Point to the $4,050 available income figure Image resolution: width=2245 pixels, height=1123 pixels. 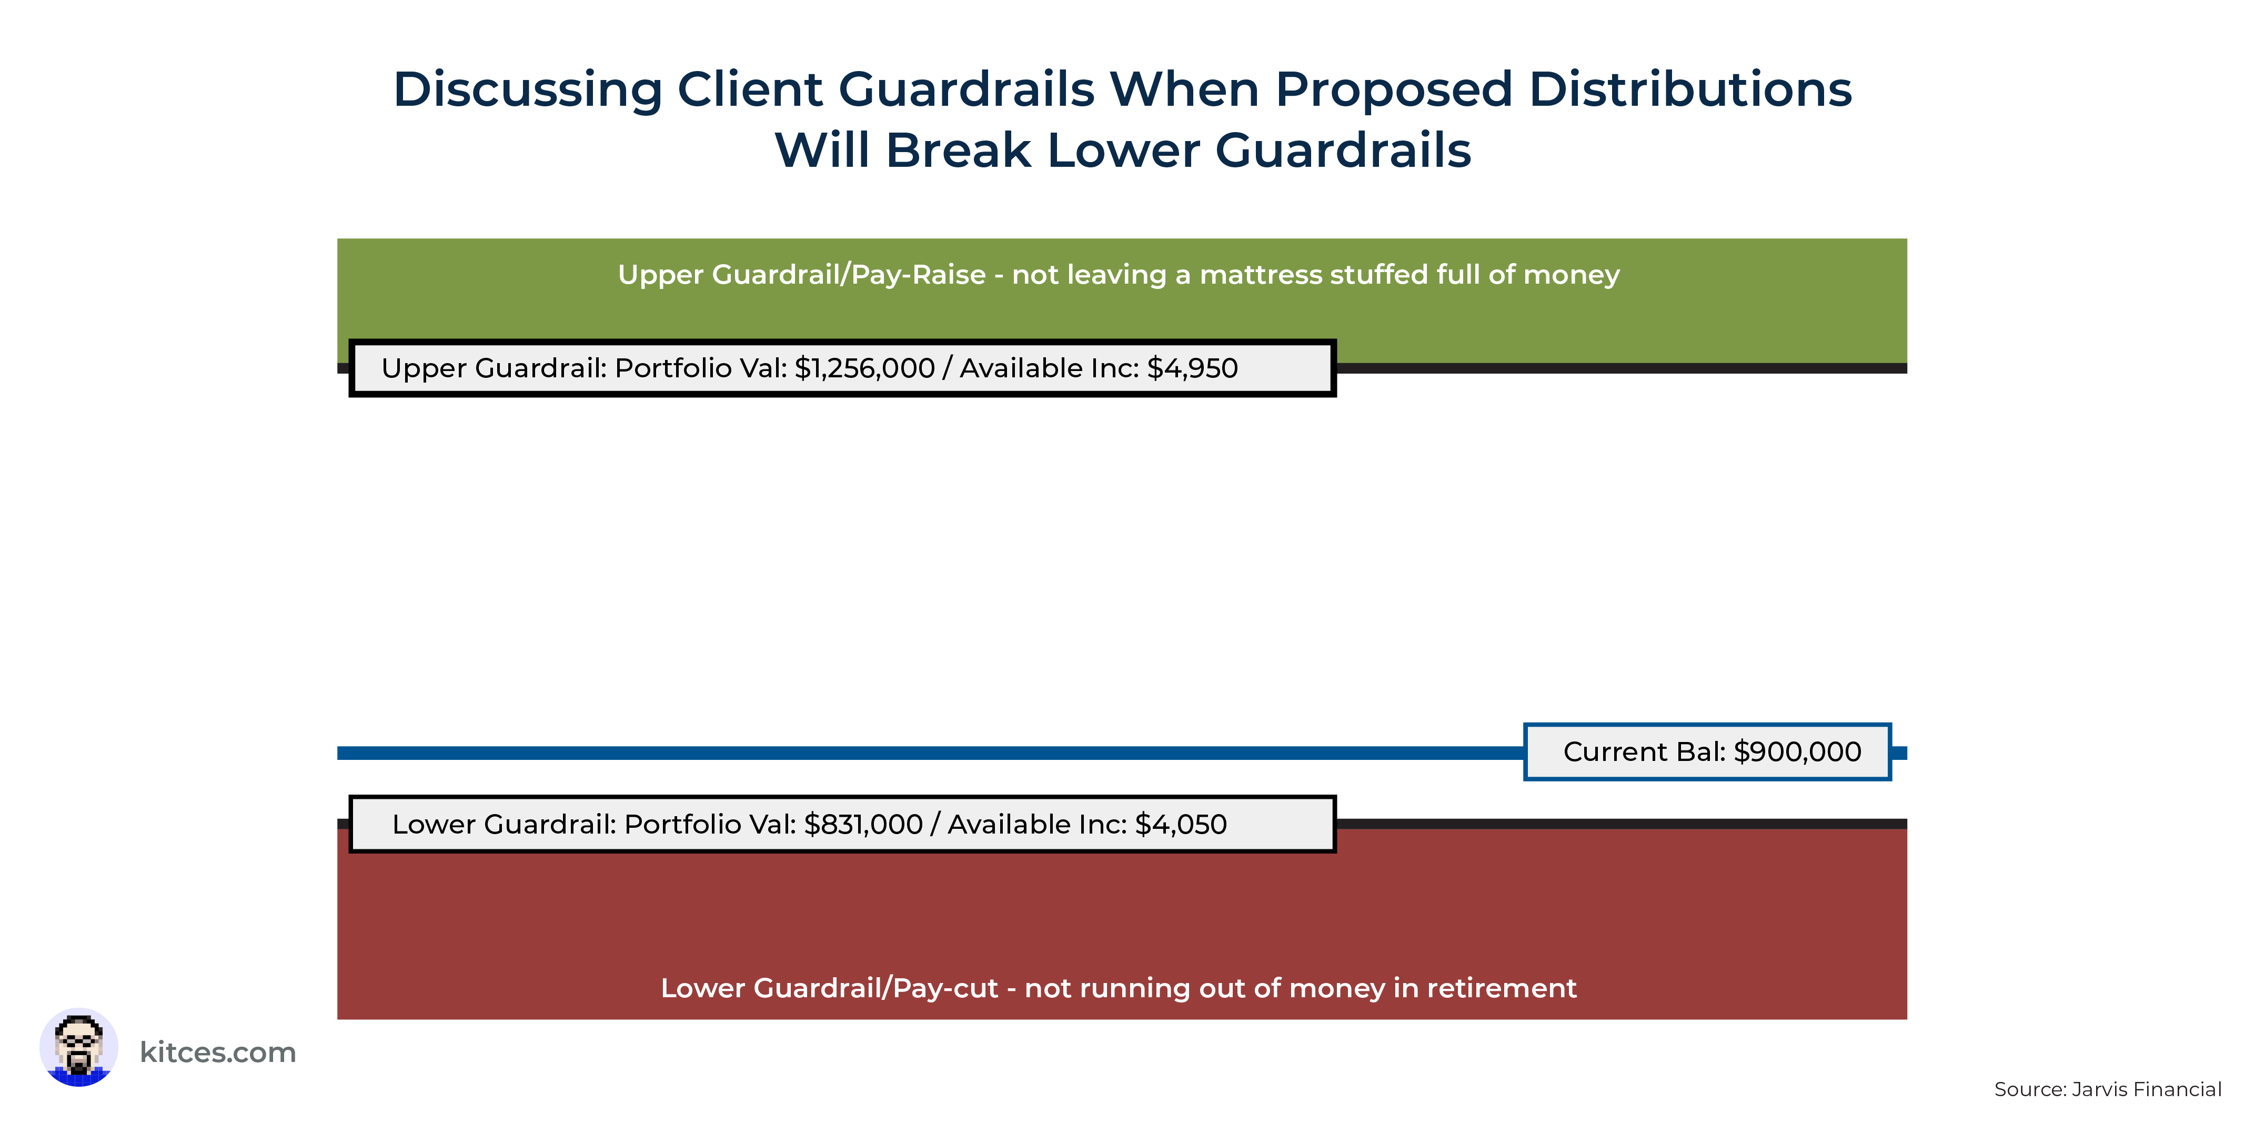coord(1181,825)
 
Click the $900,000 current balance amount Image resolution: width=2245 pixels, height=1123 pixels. coord(1798,751)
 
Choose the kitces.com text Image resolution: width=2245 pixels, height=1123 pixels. coord(218,1052)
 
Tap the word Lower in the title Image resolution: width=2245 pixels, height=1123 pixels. coord(1123,150)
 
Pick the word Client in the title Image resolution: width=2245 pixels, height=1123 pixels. coord(750,90)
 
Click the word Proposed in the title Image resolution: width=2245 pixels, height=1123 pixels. coord(1394,91)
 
